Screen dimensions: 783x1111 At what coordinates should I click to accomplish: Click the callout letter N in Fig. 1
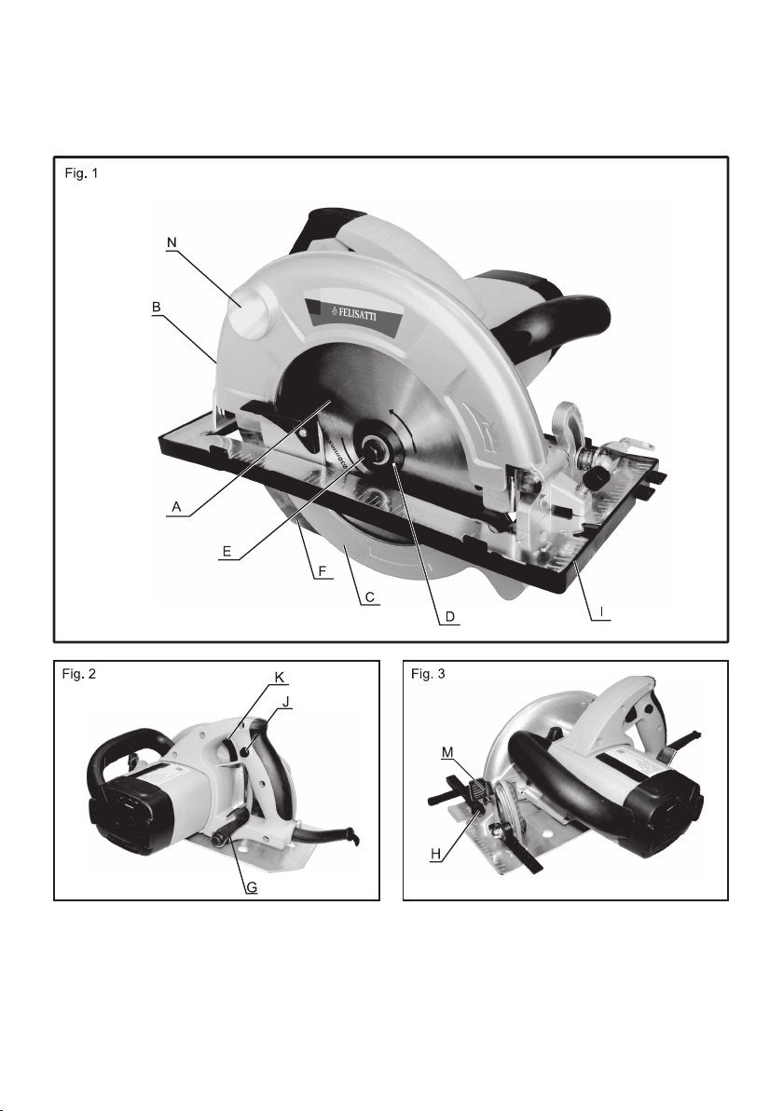pyautogui.click(x=172, y=242)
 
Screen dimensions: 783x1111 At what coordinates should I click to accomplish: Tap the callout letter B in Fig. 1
pyautogui.click(x=157, y=308)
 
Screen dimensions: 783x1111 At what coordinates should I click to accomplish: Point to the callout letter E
pyautogui.click(x=227, y=551)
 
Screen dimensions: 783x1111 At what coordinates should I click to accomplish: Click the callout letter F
pyautogui.click(x=323, y=570)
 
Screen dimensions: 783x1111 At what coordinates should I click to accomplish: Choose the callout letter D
pyautogui.click(x=449, y=616)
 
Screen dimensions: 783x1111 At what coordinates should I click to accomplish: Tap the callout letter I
pyautogui.click(x=600, y=611)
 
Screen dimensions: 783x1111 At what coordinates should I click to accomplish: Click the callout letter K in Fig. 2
pyautogui.click(x=280, y=678)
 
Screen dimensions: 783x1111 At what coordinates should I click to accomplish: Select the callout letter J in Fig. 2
pyautogui.click(x=286, y=702)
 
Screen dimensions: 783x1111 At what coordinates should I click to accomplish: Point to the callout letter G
pyautogui.click(x=252, y=886)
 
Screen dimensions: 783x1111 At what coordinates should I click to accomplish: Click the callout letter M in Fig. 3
pyautogui.click(x=446, y=752)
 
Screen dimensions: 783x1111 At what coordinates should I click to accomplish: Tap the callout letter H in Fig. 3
pyautogui.click(x=436, y=854)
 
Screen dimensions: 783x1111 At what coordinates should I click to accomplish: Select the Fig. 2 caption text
pyautogui.click(x=78, y=674)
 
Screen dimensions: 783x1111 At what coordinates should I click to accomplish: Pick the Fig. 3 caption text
pyautogui.click(x=428, y=674)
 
